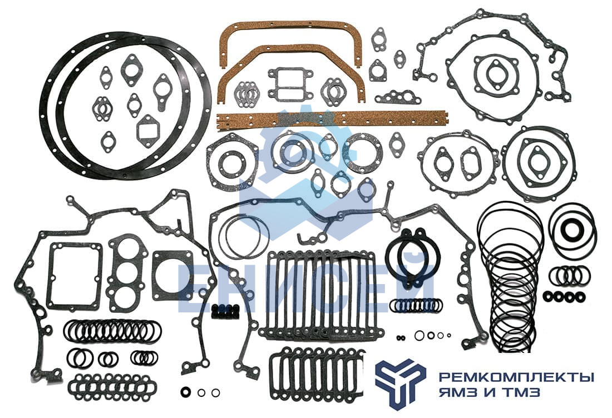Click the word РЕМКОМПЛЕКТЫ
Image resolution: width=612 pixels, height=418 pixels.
click(516, 377)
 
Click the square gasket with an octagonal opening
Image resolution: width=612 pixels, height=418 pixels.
click(172, 275)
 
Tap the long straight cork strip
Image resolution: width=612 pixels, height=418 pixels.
click(332, 118)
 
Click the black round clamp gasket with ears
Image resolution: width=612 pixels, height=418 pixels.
click(413, 257)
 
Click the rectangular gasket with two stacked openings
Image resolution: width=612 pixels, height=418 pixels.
click(290, 83)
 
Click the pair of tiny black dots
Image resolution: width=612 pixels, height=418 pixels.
click(401, 338)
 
